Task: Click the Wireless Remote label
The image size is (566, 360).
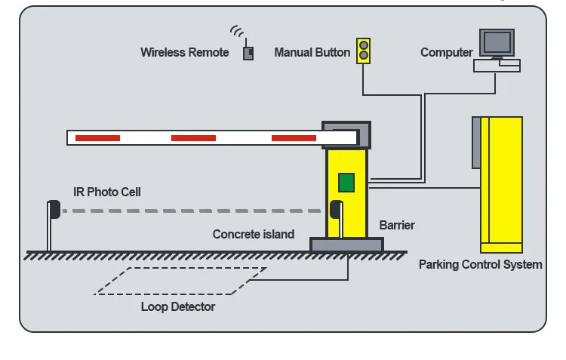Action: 184,53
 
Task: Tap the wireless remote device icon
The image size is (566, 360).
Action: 248,54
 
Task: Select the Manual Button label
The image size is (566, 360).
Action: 312,53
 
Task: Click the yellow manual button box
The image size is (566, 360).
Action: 364,51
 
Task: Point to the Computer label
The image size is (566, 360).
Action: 446,53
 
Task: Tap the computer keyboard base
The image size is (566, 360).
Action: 497,66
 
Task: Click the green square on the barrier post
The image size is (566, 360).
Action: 346,182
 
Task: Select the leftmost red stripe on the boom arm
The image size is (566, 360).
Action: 97,138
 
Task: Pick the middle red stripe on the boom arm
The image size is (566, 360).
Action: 193,138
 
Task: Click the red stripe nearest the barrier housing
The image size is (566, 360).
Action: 294,138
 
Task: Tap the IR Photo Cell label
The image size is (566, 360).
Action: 106,192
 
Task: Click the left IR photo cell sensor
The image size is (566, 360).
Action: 54,209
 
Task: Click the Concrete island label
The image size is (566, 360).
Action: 253,235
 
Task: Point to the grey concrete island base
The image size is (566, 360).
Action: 346,245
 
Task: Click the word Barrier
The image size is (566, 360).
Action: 396,225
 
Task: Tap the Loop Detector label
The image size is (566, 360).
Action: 177,306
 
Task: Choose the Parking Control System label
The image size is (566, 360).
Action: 480,265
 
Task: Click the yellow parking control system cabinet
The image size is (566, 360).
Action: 502,184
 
